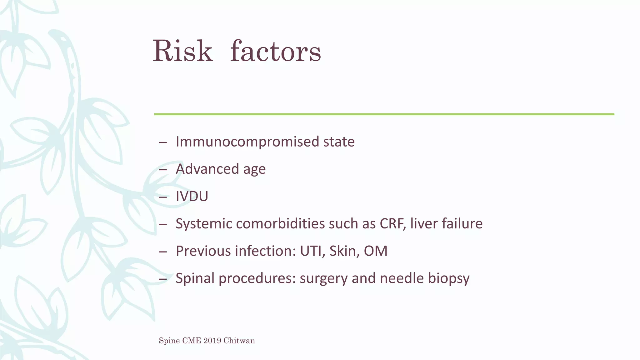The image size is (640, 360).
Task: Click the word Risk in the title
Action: (182, 51)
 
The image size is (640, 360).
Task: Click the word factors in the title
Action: (275, 51)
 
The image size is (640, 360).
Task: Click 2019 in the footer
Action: (212, 341)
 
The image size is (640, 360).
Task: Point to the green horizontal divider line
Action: (384, 114)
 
